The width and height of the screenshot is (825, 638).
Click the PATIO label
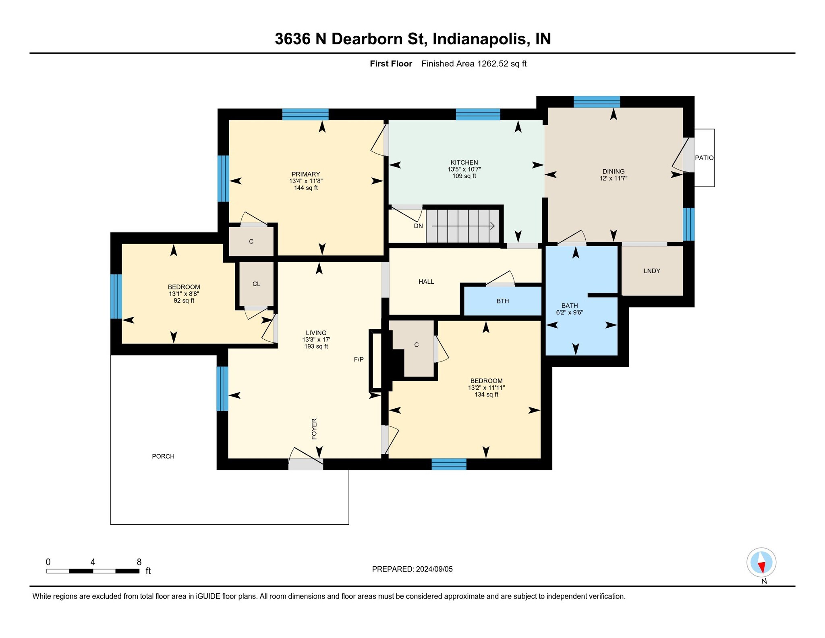click(704, 158)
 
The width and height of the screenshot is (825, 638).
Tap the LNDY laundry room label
click(652, 271)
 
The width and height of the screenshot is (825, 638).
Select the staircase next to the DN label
click(463, 226)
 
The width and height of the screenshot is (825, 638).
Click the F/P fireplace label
click(359, 360)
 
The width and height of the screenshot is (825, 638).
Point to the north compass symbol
click(761, 563)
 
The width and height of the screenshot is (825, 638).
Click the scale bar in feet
click(93, 571)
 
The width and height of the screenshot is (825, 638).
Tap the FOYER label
click(314, 428)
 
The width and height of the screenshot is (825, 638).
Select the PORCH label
click(163, 456)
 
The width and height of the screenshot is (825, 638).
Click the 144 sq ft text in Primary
click(306, 188)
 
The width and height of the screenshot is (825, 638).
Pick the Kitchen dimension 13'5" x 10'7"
click(464, 169)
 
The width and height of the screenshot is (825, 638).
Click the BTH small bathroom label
click(503, 301)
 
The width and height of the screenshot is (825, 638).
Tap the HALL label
click(426, 282)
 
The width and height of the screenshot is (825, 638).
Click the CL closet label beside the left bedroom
click(256, 284)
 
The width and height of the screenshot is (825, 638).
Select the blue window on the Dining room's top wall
click(597, 102)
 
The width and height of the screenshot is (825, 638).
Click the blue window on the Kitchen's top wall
click(478, 114)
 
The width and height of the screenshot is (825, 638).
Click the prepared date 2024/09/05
click(434, 569)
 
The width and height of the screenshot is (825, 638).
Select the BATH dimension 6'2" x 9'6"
click(570, 312)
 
